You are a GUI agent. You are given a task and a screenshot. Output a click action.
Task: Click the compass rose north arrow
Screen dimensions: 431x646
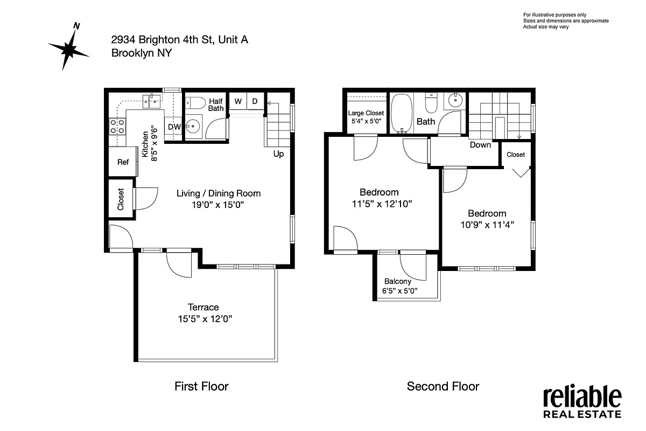point(68,48)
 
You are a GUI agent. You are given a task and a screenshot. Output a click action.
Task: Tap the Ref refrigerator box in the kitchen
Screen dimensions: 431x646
point(123,162)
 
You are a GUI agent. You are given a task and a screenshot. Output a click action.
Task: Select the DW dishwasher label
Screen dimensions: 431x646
point(173,127)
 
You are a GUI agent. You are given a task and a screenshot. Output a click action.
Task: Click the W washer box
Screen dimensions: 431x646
point(237,101)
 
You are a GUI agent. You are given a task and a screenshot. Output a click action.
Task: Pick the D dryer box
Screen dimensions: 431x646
point(255,101)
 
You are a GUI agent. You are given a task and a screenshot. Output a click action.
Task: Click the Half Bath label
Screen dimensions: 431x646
point(216,105)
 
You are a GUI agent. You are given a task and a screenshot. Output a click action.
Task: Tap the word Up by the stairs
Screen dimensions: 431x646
point(279,154)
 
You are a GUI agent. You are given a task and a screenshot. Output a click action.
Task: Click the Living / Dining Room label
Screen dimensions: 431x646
point(219,193)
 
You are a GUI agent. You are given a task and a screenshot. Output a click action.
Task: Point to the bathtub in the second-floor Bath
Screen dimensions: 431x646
point(401,114)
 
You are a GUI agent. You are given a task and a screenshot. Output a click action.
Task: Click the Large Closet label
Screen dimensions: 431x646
point(366,113)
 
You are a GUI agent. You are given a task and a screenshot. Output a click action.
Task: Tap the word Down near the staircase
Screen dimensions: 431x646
point(480,145)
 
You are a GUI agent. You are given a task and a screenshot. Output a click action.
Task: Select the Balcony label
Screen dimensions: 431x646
point(398,281)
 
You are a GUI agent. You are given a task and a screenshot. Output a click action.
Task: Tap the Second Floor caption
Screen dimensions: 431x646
point(443,386)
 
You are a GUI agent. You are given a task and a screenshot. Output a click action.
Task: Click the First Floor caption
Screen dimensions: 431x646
point(201,386)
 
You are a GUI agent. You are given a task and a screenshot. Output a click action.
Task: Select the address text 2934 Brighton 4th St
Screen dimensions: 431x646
point(179,40)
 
